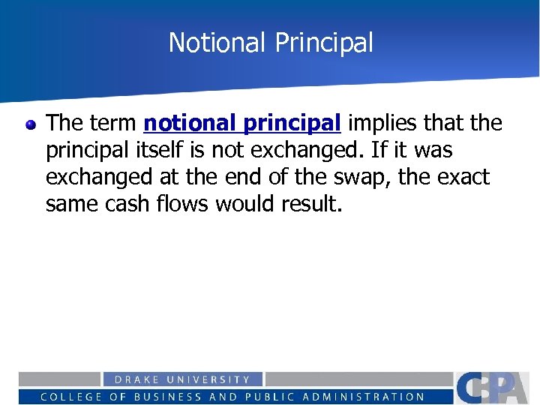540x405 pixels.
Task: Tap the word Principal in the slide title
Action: pyautogui.click(x=324, y=43)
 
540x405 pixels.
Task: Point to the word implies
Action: pyautogui.click(x=384, y=122)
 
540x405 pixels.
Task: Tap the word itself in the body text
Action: pyautogui.click(x=163, y=150)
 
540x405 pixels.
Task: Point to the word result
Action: pyautogui.click(x=314, y=204)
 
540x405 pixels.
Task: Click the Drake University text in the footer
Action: pyautogui.click(x=182, y=380)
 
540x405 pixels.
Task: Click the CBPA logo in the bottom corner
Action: pyautogui.click(x=496, y=387)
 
